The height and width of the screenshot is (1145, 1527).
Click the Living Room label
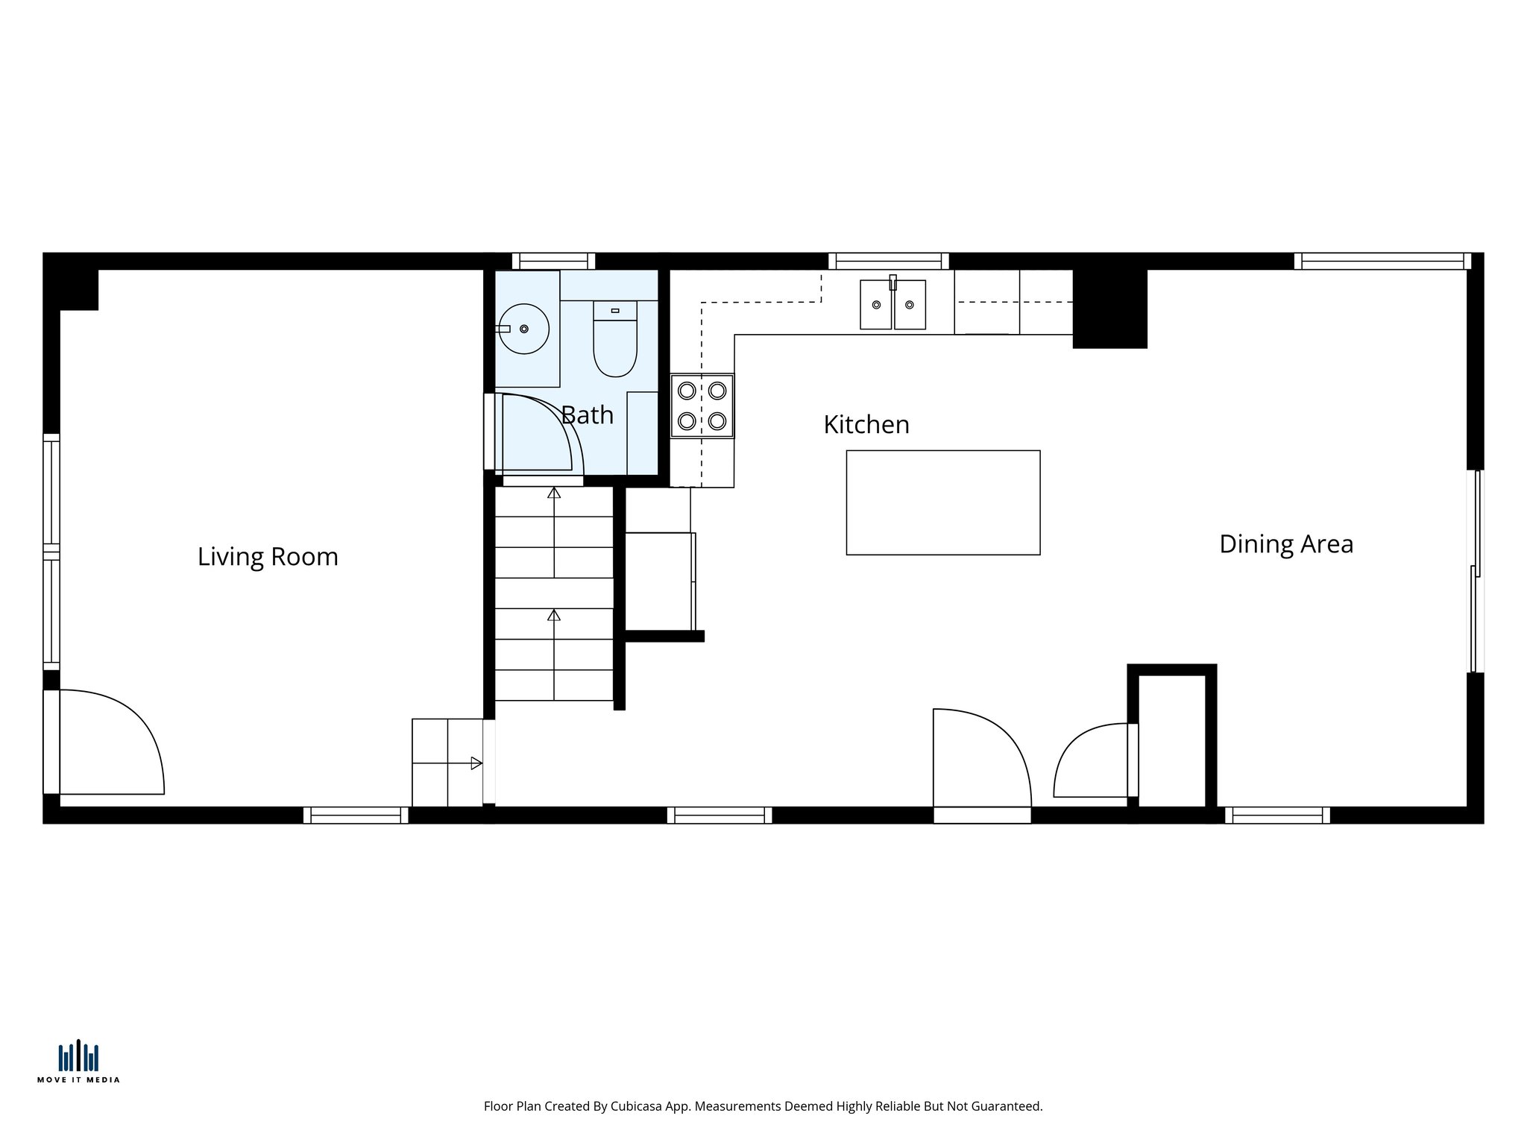pyautogui.click(x=268, y=557)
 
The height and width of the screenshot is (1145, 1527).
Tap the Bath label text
pyautogui.click(x=588, y=415)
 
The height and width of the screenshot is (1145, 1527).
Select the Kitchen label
pyautogui.click(x=866, y=425)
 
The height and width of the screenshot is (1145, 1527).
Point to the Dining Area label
pyautogui.click(x=1286, y=544)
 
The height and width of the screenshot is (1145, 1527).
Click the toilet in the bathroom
pyautogui.click(x=615, y=339)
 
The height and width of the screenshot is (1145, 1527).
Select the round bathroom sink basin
pyautogui.click(x=524, y=329)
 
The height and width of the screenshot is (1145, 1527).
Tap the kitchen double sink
pyautogui.click(x=892, y=305)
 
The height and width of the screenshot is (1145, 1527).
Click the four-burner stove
pyautogui.click(x=702, y=406)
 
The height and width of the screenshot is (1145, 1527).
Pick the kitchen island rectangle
pyautogui.click(x=943, y=502)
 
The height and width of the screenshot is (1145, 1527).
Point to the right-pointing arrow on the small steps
pyautogui.click(x=476, y=763)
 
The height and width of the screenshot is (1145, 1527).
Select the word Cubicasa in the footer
pyautogui.click(x=637, y=1107)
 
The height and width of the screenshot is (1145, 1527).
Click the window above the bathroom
pyautogui.click(x=553, y=261)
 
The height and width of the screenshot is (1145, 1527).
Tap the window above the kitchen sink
pyautogui.click(x=888, y=261)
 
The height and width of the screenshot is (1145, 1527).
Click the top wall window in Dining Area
pyautogui.click(x=1382, y=261)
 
